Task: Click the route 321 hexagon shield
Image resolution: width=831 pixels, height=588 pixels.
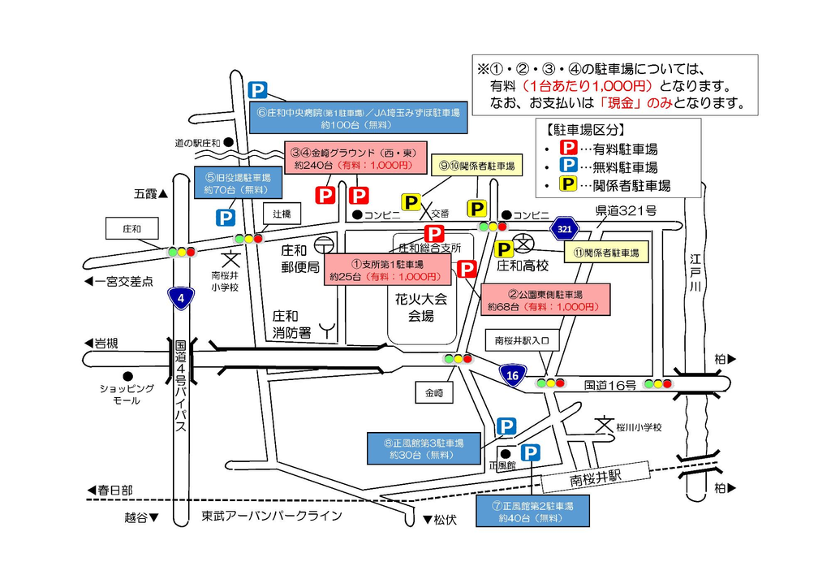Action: coord(565,229)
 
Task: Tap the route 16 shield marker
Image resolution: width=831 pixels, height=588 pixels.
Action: coord(513,375)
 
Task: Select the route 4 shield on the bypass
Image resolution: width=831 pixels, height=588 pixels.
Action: coord(181,298)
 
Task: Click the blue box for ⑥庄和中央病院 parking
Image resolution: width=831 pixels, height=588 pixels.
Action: coord(358,118)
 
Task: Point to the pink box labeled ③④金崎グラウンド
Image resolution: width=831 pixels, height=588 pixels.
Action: coord(355,158)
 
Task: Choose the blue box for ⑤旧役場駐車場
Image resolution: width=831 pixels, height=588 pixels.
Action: coord(238,183)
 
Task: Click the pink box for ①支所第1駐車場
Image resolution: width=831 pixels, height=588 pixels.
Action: coord(387,270)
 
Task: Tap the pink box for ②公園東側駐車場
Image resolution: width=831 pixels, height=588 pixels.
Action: coord(545,300)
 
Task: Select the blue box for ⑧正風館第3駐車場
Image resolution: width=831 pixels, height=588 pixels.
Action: coord(424,448)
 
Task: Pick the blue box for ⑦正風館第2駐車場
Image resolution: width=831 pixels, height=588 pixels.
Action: coord(532,511)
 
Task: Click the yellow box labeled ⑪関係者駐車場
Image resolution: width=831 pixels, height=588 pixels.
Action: coord(606,253)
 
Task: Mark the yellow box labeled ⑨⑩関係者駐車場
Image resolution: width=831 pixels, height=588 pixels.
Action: coord(477,166)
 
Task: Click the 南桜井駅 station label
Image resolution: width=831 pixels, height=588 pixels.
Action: coord(595,478)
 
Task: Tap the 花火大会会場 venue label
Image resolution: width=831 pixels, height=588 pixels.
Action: coord(421,308)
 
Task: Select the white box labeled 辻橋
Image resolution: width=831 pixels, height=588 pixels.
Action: coord(282,214)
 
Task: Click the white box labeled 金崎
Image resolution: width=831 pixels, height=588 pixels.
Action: coord(434,393)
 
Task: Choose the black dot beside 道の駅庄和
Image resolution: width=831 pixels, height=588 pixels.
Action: coord(228,142)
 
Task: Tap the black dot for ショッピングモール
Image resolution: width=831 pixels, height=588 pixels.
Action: coord(127,376)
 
